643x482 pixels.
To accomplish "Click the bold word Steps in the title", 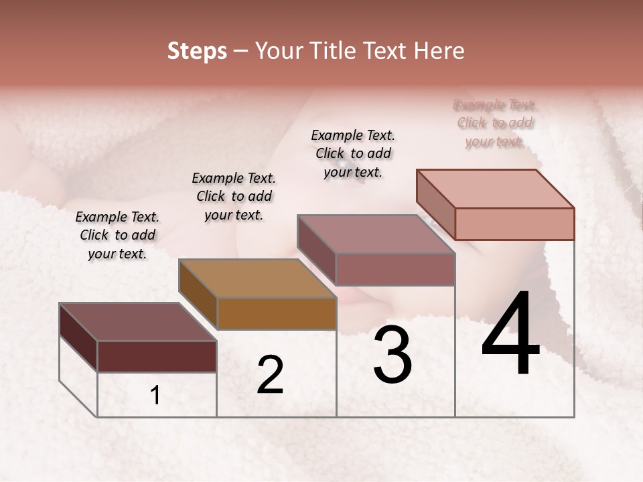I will [x=197, y=51].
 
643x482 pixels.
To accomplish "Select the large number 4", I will [x=510, y=335].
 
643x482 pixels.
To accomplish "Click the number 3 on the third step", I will [x=392, y=355].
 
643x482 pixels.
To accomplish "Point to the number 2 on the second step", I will [x=270, y=375].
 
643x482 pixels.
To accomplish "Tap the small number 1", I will [x=155, y=396].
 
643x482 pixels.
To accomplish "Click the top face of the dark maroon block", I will [x=137, y=322].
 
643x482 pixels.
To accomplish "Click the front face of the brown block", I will [x=277, y=313].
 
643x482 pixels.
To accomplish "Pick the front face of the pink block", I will [x=514, y=224].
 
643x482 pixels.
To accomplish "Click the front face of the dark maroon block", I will [x=157, y=356].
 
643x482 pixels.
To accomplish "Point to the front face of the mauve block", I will [x=395, y=269].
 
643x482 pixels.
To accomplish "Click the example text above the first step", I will [x=117, y=235].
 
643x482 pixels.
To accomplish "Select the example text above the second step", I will [x=234, y=196].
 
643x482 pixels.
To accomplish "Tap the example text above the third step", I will [x=353, y=153].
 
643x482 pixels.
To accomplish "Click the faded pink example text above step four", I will [x=495, y=123].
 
